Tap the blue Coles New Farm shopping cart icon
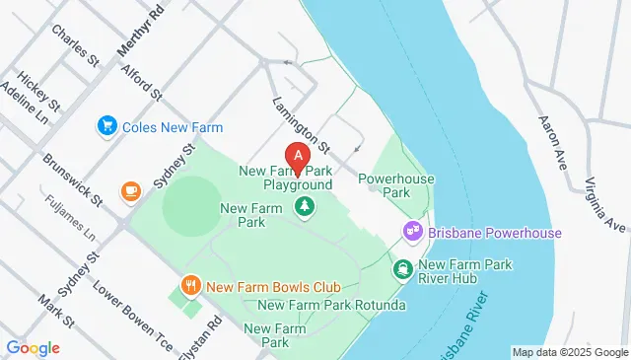(106, 126)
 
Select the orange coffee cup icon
(130, 190)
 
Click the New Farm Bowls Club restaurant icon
(191, 286)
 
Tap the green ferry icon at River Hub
(403, 267)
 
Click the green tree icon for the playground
(304, 206)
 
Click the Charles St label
(77, 46)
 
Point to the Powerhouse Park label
(384, 185)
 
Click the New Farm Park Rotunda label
(331, 305)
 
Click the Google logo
(33, 347)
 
